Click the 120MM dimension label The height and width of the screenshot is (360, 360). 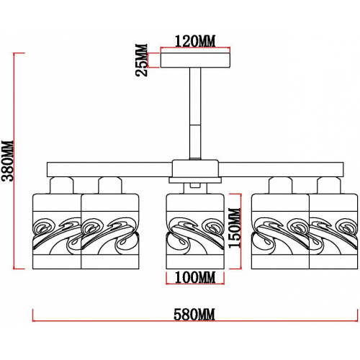coord(195,41)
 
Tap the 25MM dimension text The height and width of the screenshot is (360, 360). coord(141,60)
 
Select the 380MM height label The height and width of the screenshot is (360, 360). coord(7,161)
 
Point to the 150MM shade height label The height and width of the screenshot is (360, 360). coord(234,228)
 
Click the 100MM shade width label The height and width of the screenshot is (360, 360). coord(195,277)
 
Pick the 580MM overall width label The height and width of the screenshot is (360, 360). coord(194,315)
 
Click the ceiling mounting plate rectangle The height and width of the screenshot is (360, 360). coord(195,60)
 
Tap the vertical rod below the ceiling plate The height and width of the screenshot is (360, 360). coord(195,113)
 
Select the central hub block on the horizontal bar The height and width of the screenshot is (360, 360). coord(195,169)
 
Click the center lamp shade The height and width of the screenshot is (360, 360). coord(195,231)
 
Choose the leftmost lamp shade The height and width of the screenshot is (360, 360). coord(57,231)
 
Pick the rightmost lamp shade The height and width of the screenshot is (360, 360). coord(333,231)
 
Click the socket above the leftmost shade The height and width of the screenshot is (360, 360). coord(61,185)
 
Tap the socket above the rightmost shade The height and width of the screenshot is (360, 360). coord(329,185)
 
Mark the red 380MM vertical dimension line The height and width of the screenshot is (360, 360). coord(14,161)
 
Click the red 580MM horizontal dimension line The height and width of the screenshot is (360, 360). coord(195,321)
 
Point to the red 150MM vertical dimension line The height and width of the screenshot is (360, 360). coord(240,231)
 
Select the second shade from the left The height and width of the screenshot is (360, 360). coord(110,231)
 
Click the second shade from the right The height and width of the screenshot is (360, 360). coord(280,231)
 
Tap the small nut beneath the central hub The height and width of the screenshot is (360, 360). coord(195,185)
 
